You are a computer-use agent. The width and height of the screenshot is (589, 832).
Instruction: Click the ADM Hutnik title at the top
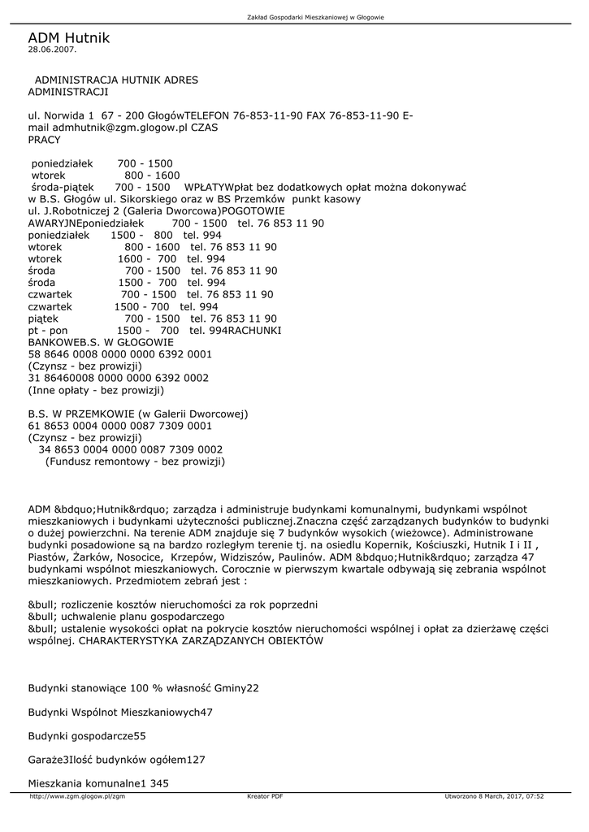click(68, 38)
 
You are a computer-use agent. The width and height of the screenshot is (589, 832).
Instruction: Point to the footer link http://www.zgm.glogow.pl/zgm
click(77, 796)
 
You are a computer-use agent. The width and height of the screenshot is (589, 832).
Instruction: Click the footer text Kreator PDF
click(265, 796)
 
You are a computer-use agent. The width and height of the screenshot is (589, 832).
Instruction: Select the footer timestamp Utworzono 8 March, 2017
click(494, 796)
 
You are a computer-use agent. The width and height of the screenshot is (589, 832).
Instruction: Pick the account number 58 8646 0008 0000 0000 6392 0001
click(119, 354)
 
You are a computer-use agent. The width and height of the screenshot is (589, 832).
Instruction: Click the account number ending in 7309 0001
click(119, 425)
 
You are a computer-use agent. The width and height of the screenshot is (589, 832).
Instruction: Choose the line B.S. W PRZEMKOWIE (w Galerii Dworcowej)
click(137, 414)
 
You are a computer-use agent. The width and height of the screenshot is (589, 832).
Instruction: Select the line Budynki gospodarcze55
click(87, 735)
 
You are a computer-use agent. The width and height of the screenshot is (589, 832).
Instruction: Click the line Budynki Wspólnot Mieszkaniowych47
click(120, 712)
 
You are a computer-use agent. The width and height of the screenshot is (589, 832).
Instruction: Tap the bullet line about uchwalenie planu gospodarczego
click(126, 617)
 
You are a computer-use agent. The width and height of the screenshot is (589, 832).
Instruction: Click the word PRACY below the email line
click(44, 140)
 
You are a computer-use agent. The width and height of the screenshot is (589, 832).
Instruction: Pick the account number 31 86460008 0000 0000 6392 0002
click(118, 378)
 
